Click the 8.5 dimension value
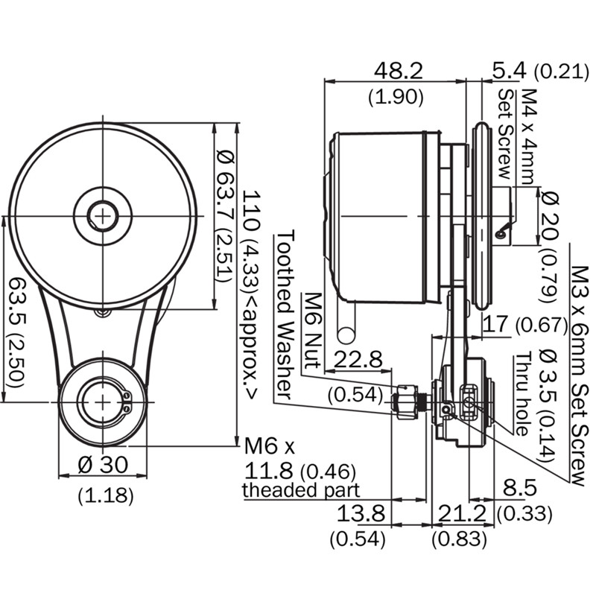(519, 489)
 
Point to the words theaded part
(301, 490)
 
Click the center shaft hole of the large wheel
(102, 216)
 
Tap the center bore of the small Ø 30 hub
(100, 402)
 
